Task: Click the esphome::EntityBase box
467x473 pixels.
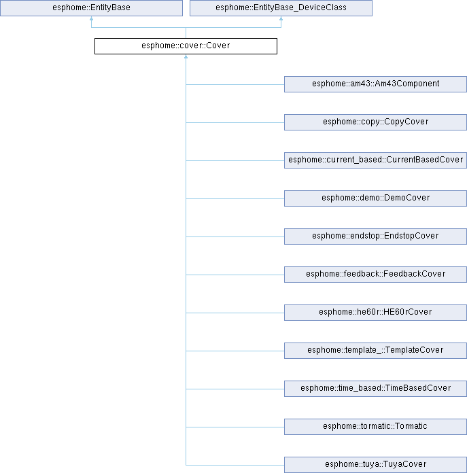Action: (x=91, y=8)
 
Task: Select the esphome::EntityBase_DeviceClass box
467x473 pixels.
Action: (x=281, y=8)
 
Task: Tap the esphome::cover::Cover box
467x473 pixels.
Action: (x=186, y=46)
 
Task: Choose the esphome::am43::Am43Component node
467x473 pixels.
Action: (x=376, y=84)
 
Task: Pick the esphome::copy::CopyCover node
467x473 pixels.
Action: (x=376, y=122)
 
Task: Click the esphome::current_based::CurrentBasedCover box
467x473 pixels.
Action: (x=376, y=160)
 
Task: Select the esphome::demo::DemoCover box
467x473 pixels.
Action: (x=376, y=198)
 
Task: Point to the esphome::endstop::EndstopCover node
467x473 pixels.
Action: (x=376, y=236)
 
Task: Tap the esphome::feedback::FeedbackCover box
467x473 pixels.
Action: (x=376, y=274)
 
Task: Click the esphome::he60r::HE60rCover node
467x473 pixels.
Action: (x=376, y=313)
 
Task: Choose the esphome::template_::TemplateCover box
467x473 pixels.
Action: (x=376, y=351)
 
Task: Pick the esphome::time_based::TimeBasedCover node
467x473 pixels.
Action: (x=376, y=389)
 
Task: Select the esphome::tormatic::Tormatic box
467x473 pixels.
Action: (x=376, y=427)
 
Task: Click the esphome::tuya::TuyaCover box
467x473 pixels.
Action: (x=376, y=465)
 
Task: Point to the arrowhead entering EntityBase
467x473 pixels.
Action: (x=91, y=18)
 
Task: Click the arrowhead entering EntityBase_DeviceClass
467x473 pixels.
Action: (x=281, y=18)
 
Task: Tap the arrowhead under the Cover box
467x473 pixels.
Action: (x=186, y=56)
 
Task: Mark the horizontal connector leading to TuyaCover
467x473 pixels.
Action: (x=235, y=465)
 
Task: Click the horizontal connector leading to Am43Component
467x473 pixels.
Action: (x=235, y=84)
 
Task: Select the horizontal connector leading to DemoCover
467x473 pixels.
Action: (x=235, y=198)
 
